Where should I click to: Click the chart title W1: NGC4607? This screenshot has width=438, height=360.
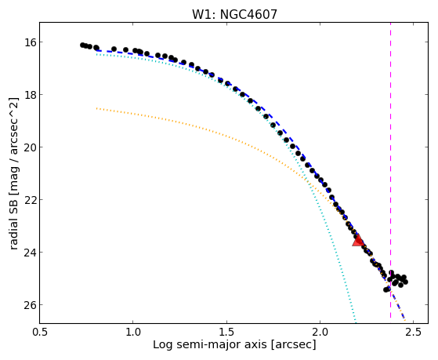[234, 15]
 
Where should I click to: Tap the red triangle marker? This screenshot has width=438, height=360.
[357, 241]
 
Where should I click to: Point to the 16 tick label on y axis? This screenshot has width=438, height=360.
[29, 42]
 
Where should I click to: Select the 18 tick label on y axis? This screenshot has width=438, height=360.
[29, 95]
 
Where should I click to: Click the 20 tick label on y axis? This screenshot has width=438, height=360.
[29, 147]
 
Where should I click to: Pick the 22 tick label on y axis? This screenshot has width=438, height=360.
[29, 200]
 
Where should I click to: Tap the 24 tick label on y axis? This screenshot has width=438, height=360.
[29, 253]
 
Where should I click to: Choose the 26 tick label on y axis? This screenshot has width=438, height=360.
[29, 304]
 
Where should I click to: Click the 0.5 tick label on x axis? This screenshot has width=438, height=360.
[40, 332]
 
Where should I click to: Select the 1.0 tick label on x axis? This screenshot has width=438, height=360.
[133, 332]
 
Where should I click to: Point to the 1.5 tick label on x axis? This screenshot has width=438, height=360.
[226, 332]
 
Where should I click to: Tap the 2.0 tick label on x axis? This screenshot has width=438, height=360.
[320, 332]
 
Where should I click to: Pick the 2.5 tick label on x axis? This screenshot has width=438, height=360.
[414, 332]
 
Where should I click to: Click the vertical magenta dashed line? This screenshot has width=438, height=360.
[390, 170]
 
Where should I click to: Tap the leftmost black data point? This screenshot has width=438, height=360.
[82, 45]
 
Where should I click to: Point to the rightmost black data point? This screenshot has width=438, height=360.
[406, 282]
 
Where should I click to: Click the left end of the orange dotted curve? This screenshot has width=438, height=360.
[96, 108]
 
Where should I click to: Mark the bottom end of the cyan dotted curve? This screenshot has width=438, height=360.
[356, 321]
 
